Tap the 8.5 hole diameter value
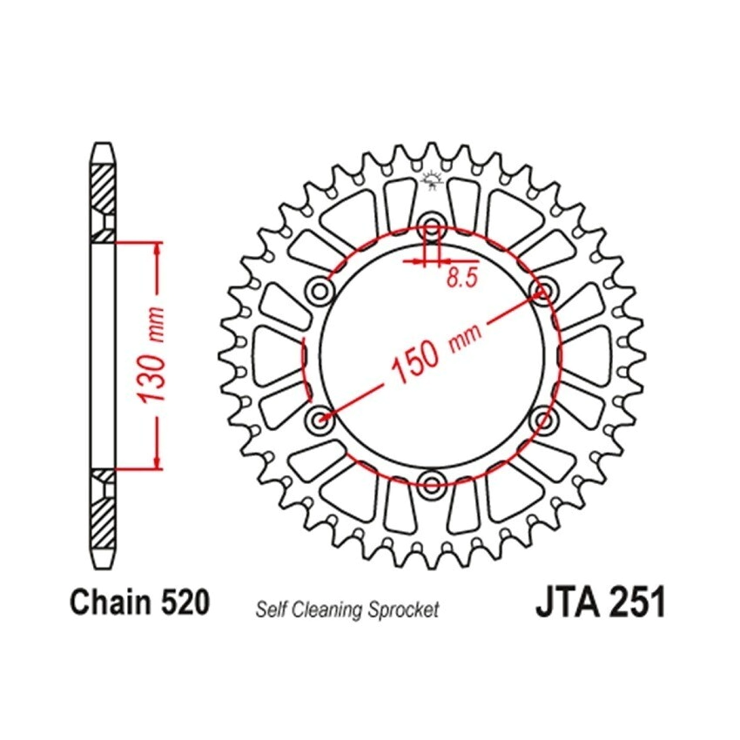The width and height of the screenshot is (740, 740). click(x=462, y=278)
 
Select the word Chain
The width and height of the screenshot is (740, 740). click(x=111, y=602)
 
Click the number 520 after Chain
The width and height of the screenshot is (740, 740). click(x=185, y=602)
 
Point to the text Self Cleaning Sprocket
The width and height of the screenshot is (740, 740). click(x=347, y=609)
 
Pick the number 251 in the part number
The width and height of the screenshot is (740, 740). click(x=637, y=602)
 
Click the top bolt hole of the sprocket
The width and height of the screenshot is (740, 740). click(x=431, y=224)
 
